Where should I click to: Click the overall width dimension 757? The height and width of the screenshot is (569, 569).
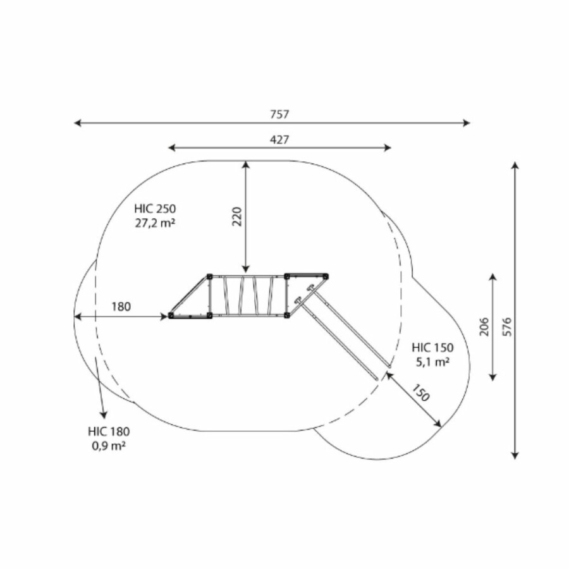click(279, 114)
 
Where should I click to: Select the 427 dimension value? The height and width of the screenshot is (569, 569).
click(279, 140)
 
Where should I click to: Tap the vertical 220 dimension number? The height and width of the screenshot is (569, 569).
click(236, 217)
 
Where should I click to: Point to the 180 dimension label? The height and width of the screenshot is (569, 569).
click(121, 307)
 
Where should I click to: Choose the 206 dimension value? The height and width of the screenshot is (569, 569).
click(484, 327)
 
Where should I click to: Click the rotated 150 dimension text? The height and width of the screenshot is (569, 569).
click(420, 393)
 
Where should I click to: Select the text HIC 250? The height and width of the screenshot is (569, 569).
click(155, 209)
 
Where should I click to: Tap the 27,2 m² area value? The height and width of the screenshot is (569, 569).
click(155, 223)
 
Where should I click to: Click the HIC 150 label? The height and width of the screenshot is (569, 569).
click(432, 348)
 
